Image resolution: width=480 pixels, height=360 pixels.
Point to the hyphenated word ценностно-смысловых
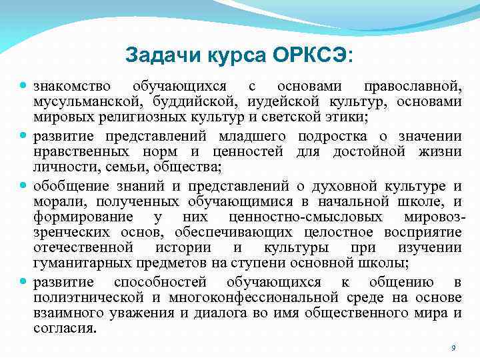click(x=305, y=217)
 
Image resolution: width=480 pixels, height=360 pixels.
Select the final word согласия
click(x=65, y=328)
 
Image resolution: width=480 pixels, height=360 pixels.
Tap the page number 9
click(x=453, y=348)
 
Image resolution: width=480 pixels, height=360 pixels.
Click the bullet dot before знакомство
click(x=23, y=87)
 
